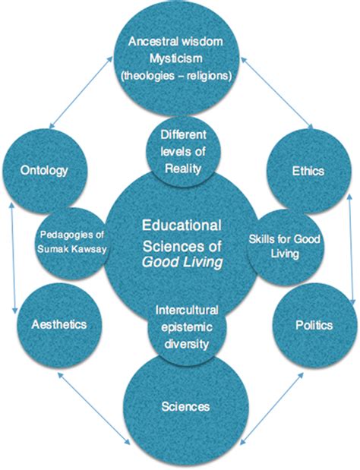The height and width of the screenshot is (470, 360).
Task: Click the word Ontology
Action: click(44, 171)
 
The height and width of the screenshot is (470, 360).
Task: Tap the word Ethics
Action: click(308, 171)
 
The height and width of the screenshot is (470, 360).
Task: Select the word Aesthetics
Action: click(59, 324)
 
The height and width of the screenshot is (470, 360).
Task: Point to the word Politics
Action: click(314, 325)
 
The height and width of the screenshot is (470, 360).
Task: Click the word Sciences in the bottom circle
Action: click(185, 407)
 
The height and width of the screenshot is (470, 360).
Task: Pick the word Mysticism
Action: click(176, 58)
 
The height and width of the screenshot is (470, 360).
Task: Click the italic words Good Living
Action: click(182, 263)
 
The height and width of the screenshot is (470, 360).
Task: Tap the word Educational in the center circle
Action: click(182, 226)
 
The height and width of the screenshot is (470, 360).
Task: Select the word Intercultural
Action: click(186, 311)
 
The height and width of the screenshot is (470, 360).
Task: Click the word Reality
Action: click(183, 169)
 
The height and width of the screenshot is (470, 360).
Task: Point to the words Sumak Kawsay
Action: click(72, 249)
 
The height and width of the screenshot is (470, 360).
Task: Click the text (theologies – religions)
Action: click(176, 75)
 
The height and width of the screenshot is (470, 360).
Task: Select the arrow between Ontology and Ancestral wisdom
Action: click(80, 93)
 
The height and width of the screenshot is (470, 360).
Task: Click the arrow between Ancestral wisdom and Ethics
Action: click(276, 93)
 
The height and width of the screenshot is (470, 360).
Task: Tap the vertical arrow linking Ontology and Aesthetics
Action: click(13, 258)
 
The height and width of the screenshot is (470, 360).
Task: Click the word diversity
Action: click(185, 344)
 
